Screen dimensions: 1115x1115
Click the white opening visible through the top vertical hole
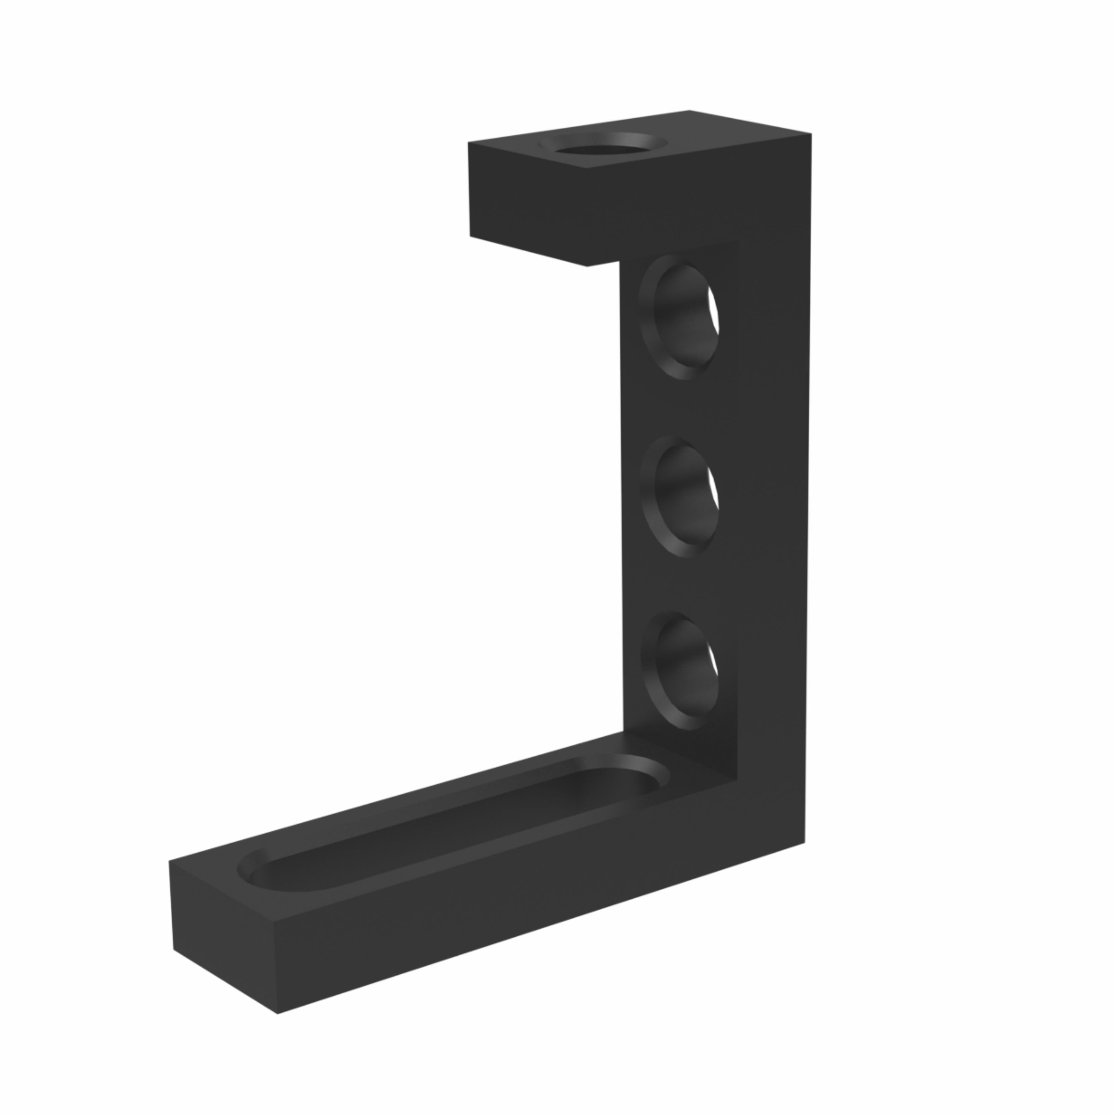[x=715, y=314]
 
